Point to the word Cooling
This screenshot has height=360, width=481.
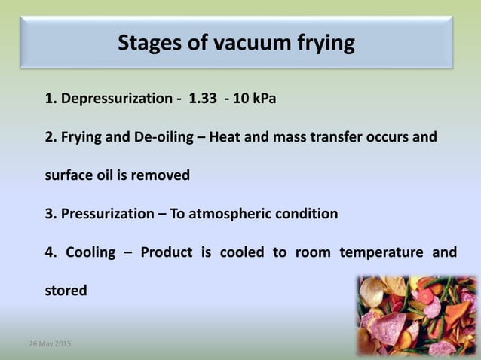click(90, 252)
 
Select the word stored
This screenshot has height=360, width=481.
click(66, 290)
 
